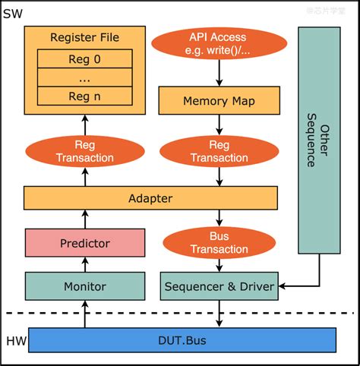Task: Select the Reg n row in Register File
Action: pos(85,96)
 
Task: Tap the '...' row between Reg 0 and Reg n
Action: pos(85,77)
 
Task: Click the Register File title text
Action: pos(85,37)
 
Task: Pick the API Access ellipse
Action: pos(219,44)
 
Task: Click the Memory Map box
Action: pos(219,101)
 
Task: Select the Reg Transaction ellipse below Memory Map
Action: pos(219,150)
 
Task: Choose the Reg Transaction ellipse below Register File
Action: pos(85,150)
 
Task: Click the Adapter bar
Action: pos(150,198)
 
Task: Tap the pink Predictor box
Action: pos(85,243)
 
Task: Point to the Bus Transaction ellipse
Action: pos(219,242)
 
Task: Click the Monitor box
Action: pos(85,286)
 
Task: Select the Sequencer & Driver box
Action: pos(219,286)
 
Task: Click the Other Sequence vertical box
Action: pos(318,140)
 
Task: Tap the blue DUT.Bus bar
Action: pos(181,339)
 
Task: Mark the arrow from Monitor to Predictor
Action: pos(85,265)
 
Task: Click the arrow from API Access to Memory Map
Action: pos(219,74)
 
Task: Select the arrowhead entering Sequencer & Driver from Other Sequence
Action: pos(282,286)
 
